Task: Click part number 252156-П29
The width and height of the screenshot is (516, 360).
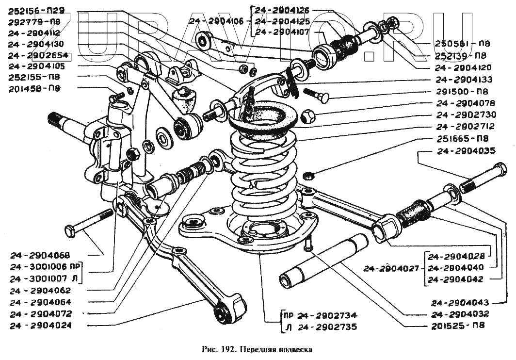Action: [36, 10]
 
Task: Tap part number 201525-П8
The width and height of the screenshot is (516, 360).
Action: [458, 325]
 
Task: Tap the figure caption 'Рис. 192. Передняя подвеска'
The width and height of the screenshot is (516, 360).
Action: [256, 349]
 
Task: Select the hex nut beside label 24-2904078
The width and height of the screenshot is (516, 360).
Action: [307, 116]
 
